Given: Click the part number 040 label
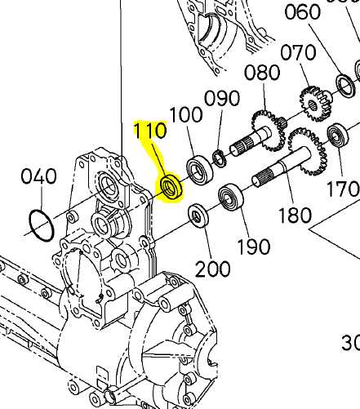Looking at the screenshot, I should pos(38,176).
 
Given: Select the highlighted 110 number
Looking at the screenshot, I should pos(150,130).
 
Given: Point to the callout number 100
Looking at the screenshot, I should pos(185,114).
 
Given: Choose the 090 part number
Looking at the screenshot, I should pos(221,99).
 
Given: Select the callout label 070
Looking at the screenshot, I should pos(298,54).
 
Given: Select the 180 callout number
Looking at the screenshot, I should pos(294,216).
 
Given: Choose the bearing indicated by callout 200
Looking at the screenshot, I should pos(197,216).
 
